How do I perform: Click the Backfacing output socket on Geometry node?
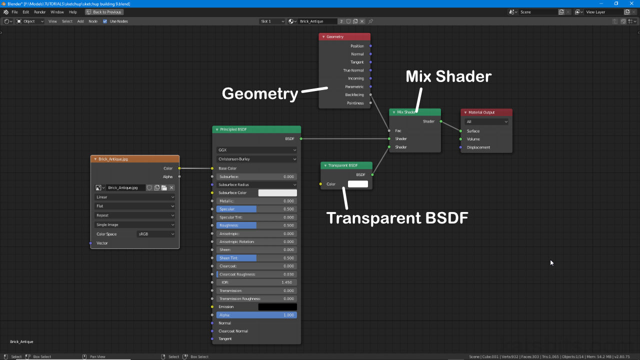(370, 94)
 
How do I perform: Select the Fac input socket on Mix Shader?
(389, 131)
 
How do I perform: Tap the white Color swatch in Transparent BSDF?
(357, 184)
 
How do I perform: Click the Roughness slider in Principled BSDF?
(256, 225)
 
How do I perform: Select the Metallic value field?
(256, 201)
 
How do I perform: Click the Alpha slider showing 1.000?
(256, 315)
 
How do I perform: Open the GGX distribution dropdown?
(256, 150)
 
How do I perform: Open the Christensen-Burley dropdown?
(256, 159)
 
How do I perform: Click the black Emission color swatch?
(277, 307)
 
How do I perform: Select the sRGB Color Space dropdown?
(156, 234)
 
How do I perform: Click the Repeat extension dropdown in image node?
(135, 215)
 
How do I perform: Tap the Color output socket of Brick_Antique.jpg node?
(179, 168)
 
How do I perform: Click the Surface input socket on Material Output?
(460, 131)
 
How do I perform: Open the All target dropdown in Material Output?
(486, 121)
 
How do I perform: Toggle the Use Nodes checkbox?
(105, 21)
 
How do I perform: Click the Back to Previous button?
(104, 12)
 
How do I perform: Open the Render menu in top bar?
(40, 12)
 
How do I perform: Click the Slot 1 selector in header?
(272, 21)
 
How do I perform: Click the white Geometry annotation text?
(259, 93)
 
